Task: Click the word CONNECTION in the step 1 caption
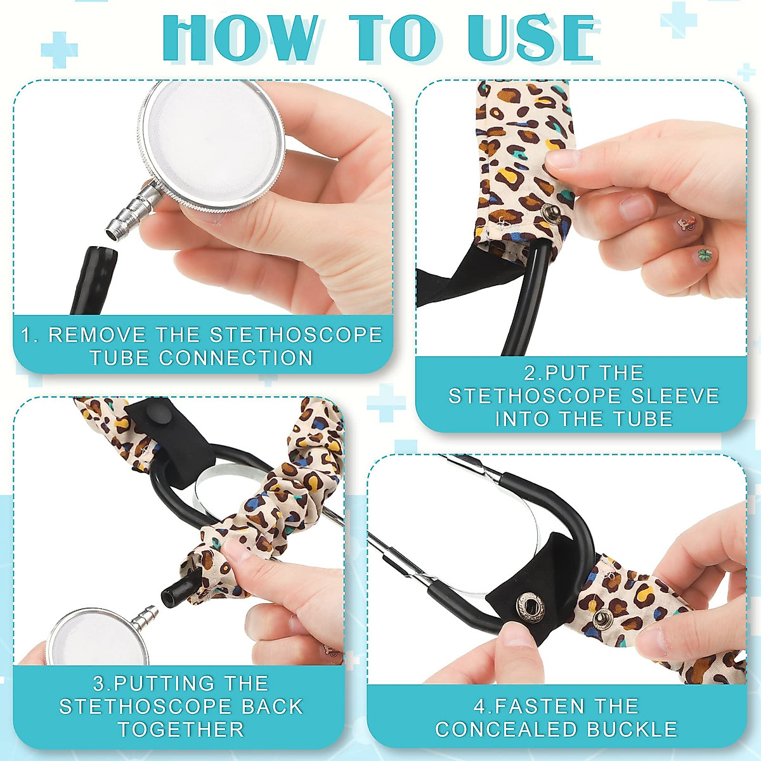[x=236, y=358]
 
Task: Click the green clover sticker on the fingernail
[x=705, y=255]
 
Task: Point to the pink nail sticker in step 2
[x=686, y=223]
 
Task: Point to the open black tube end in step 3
[x=171, y=596]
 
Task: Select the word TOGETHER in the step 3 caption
[x=181, y=730]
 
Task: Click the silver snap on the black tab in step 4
[x=530, y=608]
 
